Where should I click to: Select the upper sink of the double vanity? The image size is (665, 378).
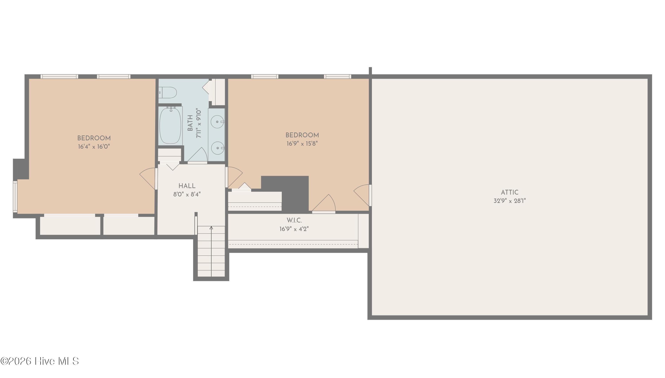click(x=217, y=122)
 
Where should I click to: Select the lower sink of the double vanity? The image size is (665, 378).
click(x=217, y=148)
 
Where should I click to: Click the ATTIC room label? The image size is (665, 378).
click(x=509, y=192)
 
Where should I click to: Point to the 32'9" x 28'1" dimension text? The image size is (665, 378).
click(x=509, y=201)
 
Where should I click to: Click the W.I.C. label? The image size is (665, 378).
click(x=294, y=220)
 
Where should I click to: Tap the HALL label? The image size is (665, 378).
click(x=187, y=186)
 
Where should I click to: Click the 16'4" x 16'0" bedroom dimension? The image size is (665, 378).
click(x=94, y=147)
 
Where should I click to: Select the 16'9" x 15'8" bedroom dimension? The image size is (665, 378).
click(x=302, y=144)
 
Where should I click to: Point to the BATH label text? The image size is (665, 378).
click(x=190, y=123)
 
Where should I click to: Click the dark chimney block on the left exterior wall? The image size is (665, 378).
click(x=20, y=169)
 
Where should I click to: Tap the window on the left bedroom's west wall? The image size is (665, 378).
click(x=15, y=197)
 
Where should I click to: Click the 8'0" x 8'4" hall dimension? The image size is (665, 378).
click(x=187, y=194)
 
